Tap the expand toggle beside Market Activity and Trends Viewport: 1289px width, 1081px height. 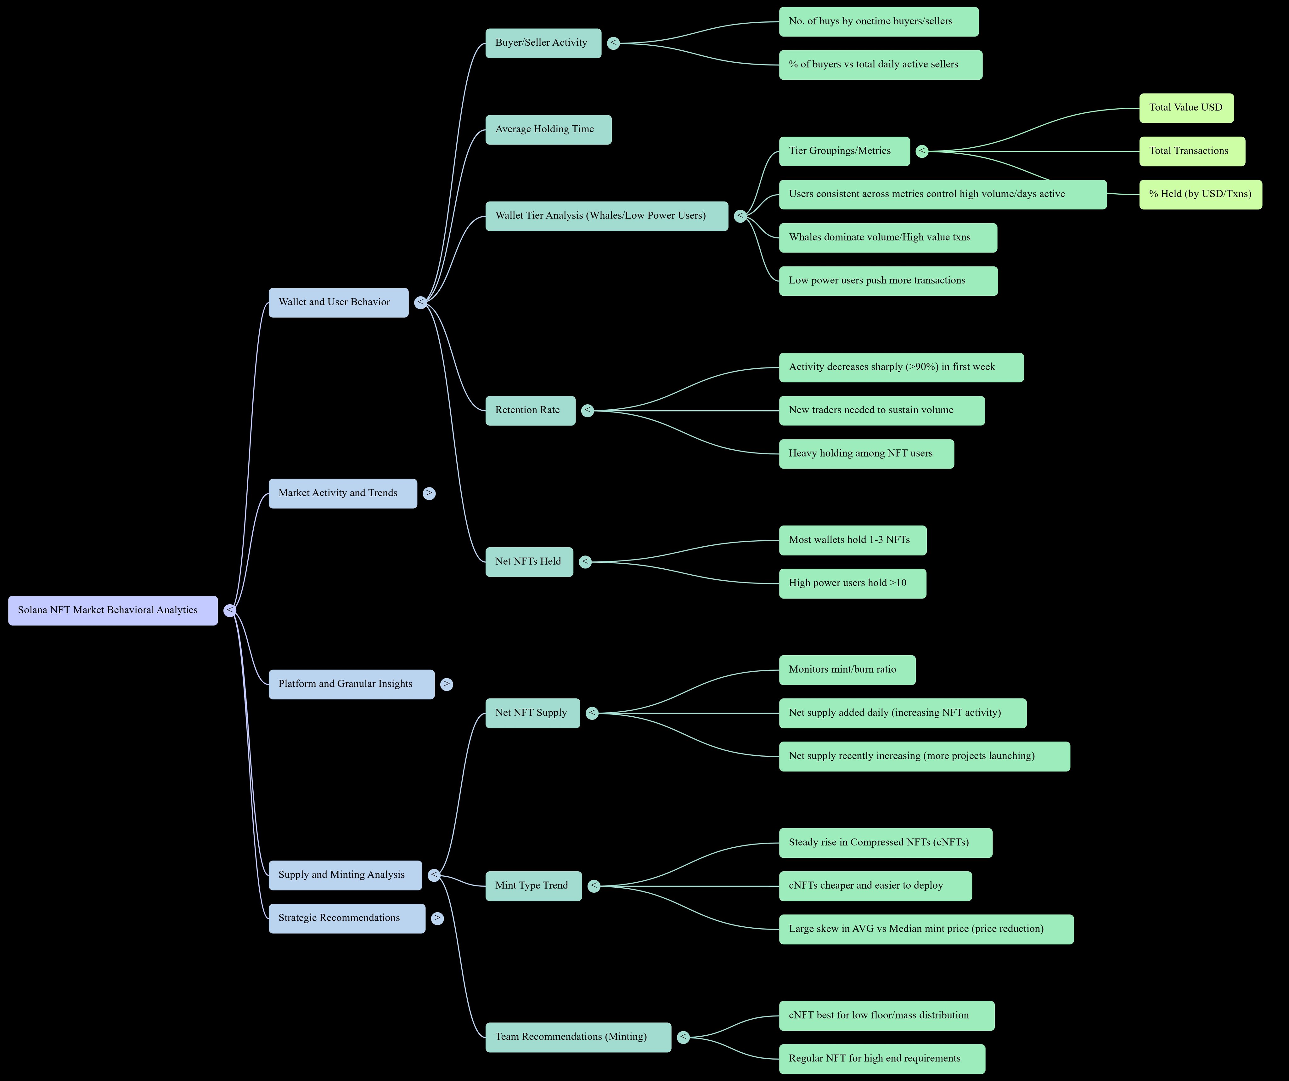[429, 493]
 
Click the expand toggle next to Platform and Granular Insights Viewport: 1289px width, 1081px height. [446, 684]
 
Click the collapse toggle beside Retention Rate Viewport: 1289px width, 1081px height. [588, 410]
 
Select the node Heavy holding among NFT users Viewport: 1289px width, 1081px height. [866, 454]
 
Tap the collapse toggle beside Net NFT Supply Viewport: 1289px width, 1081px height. [592, 713]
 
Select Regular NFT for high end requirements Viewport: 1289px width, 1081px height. [881, 1059]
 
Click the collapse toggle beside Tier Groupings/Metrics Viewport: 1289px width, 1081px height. [922, 151]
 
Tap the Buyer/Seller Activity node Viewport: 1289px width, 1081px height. [543, 43]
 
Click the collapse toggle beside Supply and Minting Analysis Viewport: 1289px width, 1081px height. [434, 875]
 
